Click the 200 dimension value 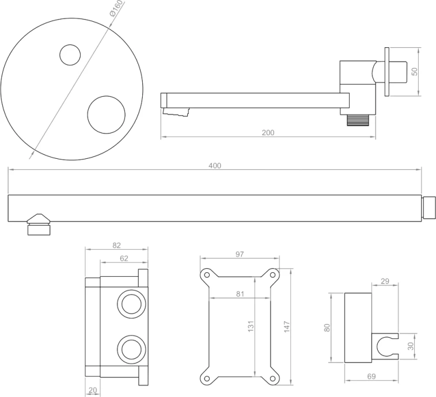click(268, 132)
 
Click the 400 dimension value click(214, 166)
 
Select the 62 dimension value click(124, 258)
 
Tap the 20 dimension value click(93, 391)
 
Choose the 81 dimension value click(240, 294)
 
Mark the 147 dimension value click(286, 326)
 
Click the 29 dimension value click(385, 281)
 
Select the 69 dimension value click(371, 376)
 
